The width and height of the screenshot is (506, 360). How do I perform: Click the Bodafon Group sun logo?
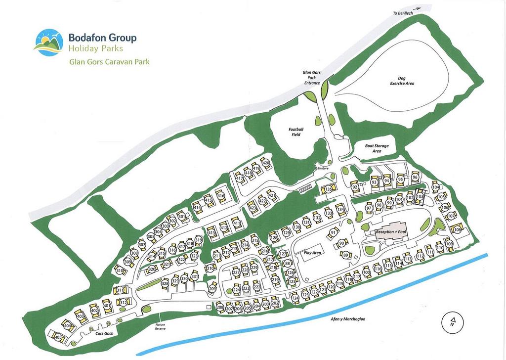point(48,43)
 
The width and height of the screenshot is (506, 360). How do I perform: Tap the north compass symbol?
point(452,323)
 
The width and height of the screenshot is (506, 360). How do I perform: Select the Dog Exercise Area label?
point(402,81)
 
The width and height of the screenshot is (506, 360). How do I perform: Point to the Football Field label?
point(296,132)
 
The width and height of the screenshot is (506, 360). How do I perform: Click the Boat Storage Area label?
point(377,148)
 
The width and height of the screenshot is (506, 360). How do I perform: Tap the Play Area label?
point(313,253)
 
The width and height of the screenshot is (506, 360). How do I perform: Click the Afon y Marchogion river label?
point(348,319)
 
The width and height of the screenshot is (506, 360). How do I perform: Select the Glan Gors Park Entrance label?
point(312,78)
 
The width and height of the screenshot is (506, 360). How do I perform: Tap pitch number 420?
point(265,163)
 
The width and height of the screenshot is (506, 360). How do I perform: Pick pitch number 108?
point(457,230)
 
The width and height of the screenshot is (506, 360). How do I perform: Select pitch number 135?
point(329,189)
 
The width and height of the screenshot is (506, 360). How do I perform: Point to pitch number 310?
point(119,270)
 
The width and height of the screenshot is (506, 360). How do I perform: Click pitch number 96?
point(415,178)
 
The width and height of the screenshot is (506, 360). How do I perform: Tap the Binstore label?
point(323,168)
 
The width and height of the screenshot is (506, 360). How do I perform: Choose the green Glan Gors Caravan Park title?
point(109,62)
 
